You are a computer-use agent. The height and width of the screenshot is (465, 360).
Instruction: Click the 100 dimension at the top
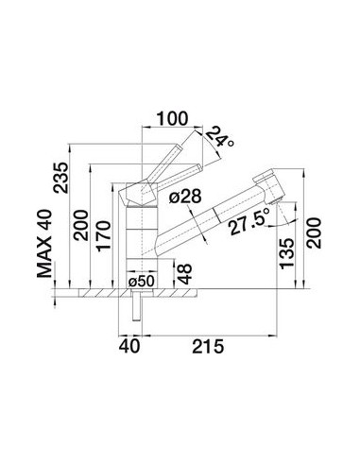(173, 118)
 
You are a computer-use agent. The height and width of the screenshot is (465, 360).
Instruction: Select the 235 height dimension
(60, 178)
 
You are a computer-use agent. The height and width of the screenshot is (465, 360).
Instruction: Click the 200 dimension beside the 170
(80, 225)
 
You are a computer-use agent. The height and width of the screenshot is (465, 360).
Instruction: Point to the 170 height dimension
(104, 236)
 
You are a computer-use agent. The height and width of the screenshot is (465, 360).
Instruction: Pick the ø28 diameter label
(185, 198)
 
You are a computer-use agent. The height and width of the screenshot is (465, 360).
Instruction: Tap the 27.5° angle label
(249, 222)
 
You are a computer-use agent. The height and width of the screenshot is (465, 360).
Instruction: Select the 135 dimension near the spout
(286, 253)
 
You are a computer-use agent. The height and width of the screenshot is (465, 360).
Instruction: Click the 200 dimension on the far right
(314, 232)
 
